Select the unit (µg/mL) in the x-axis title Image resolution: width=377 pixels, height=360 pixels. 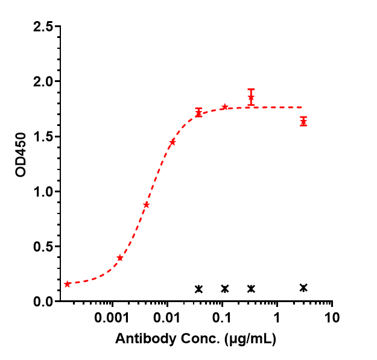tap(250, 339)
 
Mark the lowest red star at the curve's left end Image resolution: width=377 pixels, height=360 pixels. tap(68, 284)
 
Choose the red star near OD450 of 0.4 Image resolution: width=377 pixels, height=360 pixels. tap(120, 258)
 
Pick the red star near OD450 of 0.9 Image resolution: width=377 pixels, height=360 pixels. tap(147, 204)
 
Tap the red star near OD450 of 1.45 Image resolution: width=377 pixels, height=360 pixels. tap(173, 142)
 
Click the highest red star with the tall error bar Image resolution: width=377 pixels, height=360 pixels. tap(251, 97)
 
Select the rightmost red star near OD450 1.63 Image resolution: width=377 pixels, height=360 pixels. tap(303, 122)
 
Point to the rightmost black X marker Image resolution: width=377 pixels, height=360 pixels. tap(303, 288)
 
